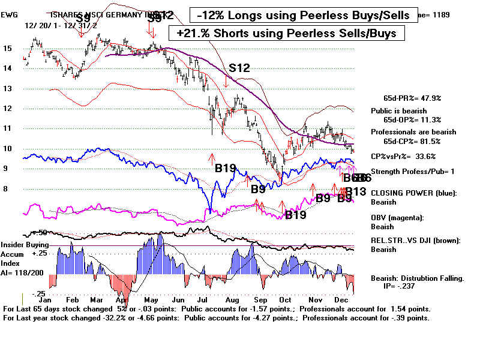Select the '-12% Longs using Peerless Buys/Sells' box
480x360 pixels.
coord(305,14)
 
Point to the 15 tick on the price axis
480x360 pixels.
coord(7,49)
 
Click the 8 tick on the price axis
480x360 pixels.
coord(7,189)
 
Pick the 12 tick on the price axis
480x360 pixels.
coord(7,109)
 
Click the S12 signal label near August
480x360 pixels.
coord(239,68)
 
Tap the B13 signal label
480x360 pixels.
coord(355,192)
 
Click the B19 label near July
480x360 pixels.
coord(229,169)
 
